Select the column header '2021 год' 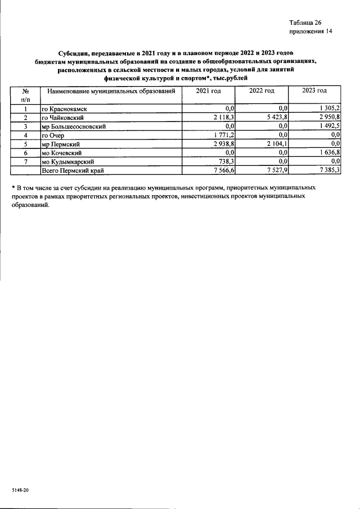(208, 91)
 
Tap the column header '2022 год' (262, 91)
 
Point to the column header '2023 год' (314, 91)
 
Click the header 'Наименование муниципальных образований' (111, 91)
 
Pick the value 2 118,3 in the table (222, 117)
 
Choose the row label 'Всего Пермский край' (73, 170)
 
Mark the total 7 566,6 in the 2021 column (222, 170)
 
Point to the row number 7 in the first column (25, 161)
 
